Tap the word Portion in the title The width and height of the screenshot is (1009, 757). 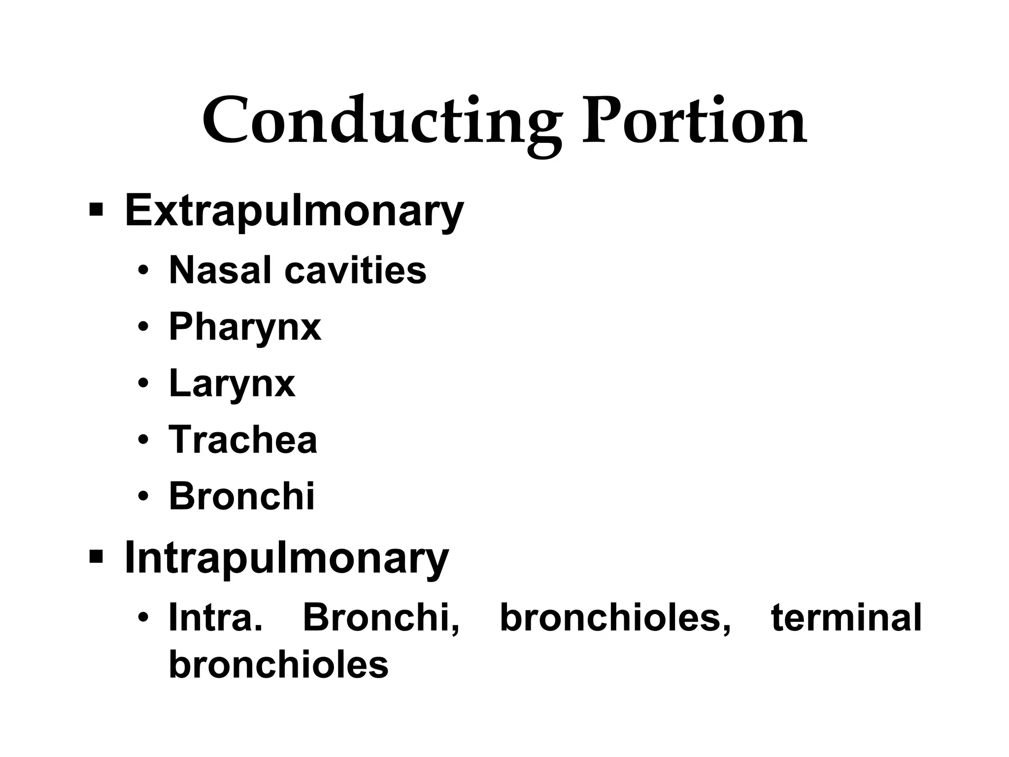[x=694, y=121]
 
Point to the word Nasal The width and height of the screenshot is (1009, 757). [x=220, y=270]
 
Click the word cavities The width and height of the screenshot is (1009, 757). [x=355, y=270]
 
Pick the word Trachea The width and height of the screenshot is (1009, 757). [x=243, y=440]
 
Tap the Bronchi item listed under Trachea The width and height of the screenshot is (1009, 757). [x=241, y=496]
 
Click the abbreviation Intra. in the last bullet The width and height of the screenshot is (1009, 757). [x=215, y=618]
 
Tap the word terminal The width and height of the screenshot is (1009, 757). [x=846, y=618]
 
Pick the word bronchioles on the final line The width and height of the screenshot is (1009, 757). [x=278, y=664]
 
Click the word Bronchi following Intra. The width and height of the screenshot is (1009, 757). [x=381, y=618]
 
